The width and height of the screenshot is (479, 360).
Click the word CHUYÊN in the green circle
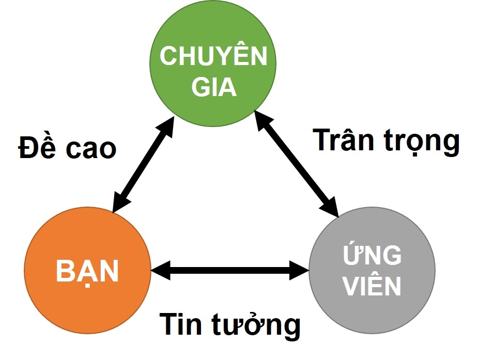(x=213, y=56)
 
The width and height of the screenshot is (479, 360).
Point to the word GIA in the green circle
(x=214, y=88)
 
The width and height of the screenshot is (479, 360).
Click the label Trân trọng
(x=386, y=140)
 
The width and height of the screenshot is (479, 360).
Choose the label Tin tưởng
(x=229, y=325)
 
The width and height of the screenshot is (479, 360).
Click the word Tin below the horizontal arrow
(x=180, y=324)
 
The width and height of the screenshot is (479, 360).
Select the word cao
(x=91, y=149)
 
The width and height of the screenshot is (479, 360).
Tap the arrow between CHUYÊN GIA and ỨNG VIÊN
(x=297, y=163)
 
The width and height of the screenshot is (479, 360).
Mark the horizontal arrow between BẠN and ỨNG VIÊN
(x=230, y=269)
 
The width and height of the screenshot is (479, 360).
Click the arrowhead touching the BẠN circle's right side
(x=160, y=269)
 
